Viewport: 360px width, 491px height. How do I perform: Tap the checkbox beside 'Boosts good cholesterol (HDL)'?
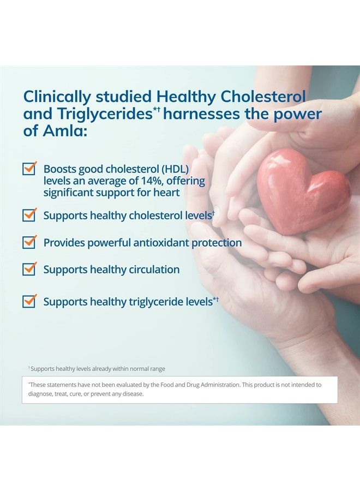click(29, 169)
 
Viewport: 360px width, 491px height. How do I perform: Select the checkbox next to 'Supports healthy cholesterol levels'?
click(29, 215)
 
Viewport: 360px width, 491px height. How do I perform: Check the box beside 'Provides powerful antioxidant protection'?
click(29, 242)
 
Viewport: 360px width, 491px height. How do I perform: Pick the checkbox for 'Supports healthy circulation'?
click(29, 269)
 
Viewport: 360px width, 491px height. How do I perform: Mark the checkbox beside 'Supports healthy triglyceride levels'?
click(29, 301)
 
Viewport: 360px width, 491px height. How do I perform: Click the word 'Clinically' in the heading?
click(56, 97)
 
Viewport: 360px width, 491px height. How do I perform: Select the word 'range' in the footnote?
click(158, 369)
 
